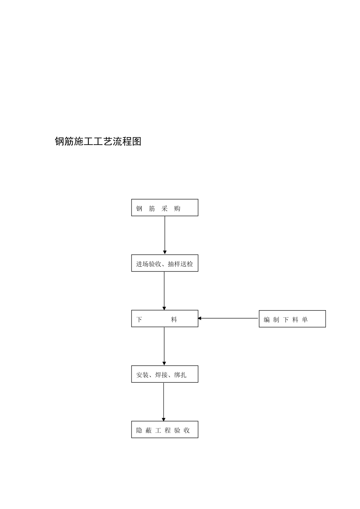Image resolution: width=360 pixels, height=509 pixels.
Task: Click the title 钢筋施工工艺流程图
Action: (x=98, y=142)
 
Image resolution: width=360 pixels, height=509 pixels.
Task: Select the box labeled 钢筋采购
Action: (x=164, y=208)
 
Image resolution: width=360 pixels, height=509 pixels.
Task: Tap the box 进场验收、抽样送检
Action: (x=164, y=263)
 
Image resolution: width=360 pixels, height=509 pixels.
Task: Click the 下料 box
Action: (x=164, y=319)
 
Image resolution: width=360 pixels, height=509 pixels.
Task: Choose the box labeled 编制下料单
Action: (x=292, y=319)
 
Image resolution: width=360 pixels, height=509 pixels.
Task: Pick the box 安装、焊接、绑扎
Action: (x=164, y=374)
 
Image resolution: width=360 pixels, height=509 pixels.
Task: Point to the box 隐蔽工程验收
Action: (x=164, y=429)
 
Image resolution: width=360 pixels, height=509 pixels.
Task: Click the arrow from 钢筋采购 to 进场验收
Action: (x=165, y=235)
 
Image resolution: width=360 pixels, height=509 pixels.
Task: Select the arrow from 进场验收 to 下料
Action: (x=164, y=290)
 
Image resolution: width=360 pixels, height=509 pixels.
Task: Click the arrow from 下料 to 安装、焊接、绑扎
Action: (x=164, y=346)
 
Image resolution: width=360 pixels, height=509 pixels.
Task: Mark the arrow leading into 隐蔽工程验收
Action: (x=164, y=401)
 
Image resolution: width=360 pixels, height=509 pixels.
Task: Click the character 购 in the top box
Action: (x=177, y=209)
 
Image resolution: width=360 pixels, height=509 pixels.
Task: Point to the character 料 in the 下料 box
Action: (x=174, y=320)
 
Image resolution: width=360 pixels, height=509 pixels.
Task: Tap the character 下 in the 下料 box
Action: (x=139, y=320)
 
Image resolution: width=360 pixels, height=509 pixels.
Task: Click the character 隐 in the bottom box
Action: (x=139, y=431)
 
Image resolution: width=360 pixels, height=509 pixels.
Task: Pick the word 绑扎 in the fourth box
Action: (x=180, y=375)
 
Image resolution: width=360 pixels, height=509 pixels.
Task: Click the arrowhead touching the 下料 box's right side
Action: (x=200, y=319)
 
